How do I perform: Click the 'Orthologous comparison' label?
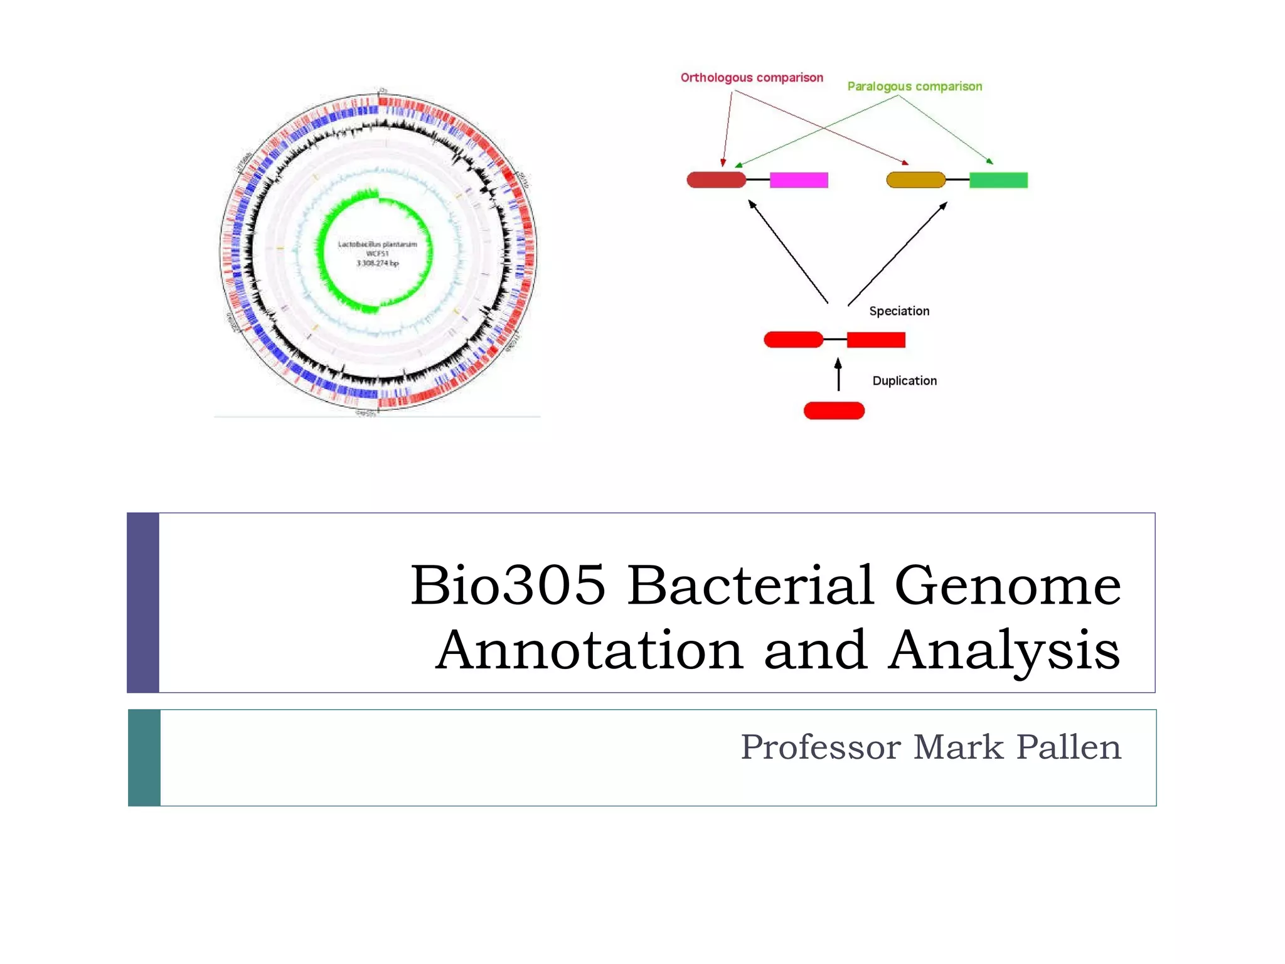pos(752,78)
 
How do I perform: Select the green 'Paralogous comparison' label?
pos(914,87)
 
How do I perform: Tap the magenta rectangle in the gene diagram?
pos(799,180)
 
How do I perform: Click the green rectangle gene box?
pos(998,180)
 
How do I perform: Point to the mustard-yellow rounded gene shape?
pos(915,180)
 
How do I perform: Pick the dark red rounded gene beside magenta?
pos(716,180)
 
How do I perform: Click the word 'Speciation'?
pos(898,311)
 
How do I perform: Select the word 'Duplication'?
pos(904,381)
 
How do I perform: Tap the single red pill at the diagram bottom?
pos(834,411)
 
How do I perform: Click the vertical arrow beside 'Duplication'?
pos(838,375)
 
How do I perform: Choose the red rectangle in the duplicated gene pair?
pos(876,340)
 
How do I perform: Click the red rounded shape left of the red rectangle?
pos(793,340)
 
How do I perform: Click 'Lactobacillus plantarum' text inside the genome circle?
pos(377,244)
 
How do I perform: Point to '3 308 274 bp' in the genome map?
pos(377,264)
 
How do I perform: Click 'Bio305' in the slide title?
pos(508,585)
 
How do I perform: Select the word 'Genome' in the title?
pos(1007,585)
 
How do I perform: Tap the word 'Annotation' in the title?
pos(589,650)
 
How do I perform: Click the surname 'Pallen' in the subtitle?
pos(1068,747)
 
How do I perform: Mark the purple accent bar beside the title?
pos(143,602)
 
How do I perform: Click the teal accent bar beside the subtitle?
pos(144,758)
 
